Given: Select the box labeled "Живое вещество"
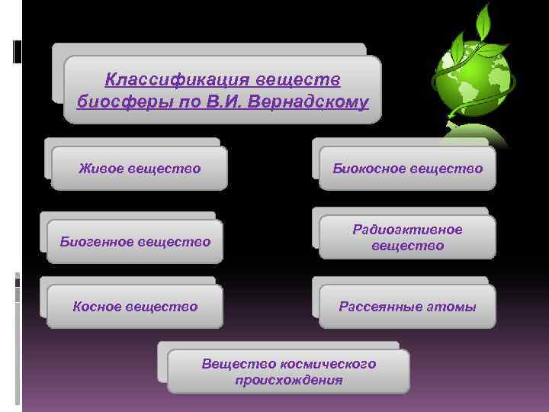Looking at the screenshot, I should coord(140,168).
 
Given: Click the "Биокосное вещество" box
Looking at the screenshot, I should coord(407,168).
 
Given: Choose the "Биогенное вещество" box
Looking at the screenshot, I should coord(135,242).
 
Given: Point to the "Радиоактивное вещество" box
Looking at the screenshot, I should coord(407,237).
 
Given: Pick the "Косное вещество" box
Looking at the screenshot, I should coord(135,307).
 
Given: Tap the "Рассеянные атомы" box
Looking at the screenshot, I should coord(407,307).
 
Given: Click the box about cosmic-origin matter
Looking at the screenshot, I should coord(288,372).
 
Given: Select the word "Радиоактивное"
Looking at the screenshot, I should coord(407,230).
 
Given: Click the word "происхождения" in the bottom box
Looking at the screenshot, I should coord(288,379).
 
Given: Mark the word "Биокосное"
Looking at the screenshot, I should coord(368,168).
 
